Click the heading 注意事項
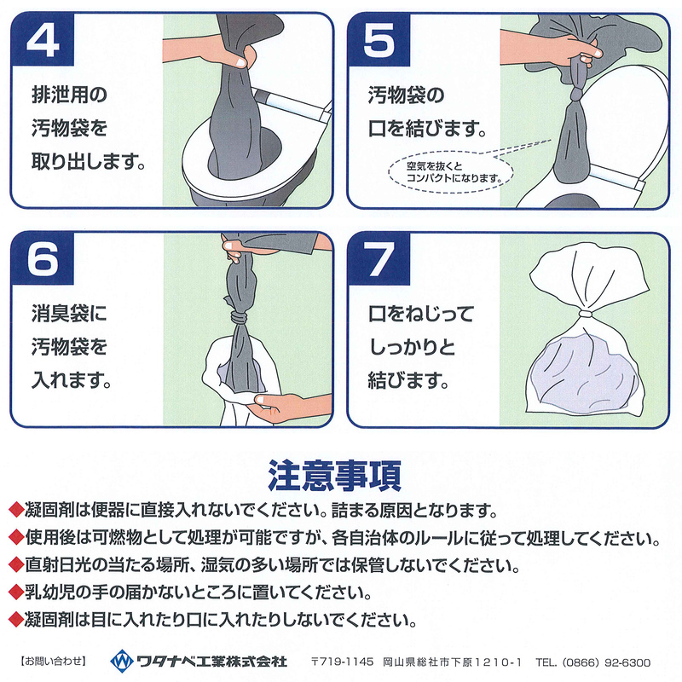340,473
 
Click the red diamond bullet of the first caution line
14,511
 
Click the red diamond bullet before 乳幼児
14,591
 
